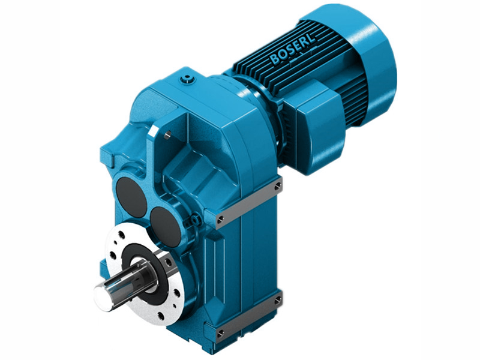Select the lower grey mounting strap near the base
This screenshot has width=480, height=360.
point(249,315)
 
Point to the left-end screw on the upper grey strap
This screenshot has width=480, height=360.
point(221,218)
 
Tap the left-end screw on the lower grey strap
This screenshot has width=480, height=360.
point(221,332)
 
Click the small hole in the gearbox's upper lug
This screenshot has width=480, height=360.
point(168,135)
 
